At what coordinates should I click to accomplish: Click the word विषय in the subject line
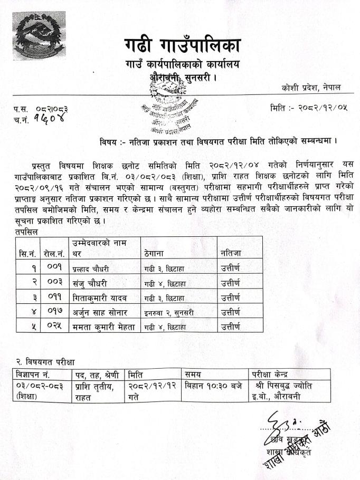110,141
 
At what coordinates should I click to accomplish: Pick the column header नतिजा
230,253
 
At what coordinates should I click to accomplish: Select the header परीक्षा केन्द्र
274,375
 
